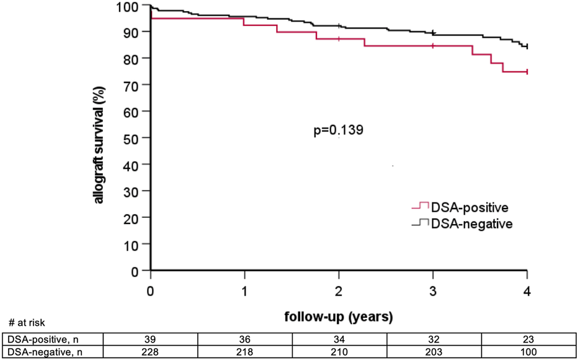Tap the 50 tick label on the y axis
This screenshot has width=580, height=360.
(x=138, y=138)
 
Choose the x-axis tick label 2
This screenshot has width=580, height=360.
(x=339, y=292)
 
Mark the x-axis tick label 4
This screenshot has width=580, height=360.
(x=527, y=292)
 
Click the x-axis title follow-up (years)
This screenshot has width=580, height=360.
(x=339, y=318)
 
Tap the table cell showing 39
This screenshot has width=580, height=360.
(x=151, y=340)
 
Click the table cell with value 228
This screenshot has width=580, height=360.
(x=151, y=352)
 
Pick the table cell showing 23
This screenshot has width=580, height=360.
(x=527, y=340)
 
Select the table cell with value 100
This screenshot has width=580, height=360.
(x=527, y=352)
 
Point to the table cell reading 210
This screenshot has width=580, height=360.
(x=339, y=352)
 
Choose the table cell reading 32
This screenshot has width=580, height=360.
(x=433, y=340)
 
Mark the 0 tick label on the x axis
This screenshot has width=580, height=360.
(x=151, y=292)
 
